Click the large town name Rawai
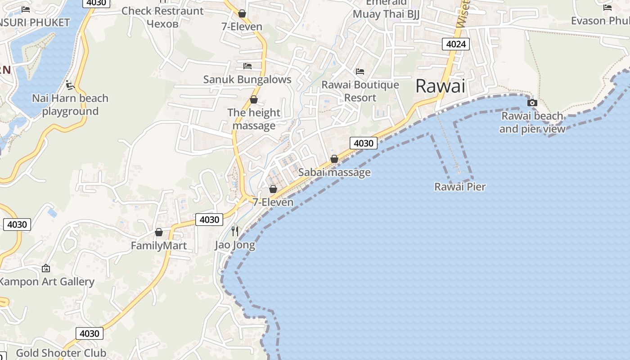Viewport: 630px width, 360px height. (440, 86)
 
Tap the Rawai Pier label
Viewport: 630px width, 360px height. (459, 186)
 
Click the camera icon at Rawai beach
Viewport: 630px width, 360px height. (532, 103)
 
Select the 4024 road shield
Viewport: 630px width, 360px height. (456, 44)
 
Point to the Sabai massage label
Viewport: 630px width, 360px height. (334, 172)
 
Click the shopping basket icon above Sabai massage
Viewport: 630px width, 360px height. (334, 159)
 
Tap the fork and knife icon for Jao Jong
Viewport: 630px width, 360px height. (235, 231)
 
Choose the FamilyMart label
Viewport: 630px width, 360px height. (158, 246)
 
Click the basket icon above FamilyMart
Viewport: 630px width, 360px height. (158, 232)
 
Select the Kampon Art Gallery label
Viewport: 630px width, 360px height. (46, 282)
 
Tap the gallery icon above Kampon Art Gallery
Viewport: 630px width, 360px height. (46, 268)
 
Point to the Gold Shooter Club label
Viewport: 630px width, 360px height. (61, 353)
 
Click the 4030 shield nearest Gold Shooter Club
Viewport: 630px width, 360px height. (89, 333)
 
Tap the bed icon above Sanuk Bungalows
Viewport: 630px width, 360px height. (247, 66)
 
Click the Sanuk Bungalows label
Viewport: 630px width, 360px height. (247, 80)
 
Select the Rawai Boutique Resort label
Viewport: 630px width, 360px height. (360, 91)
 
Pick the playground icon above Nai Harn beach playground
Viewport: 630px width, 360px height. (70, 85)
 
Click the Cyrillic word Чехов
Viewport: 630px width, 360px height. (162, 24)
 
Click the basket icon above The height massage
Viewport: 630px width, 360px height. (254, 99)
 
